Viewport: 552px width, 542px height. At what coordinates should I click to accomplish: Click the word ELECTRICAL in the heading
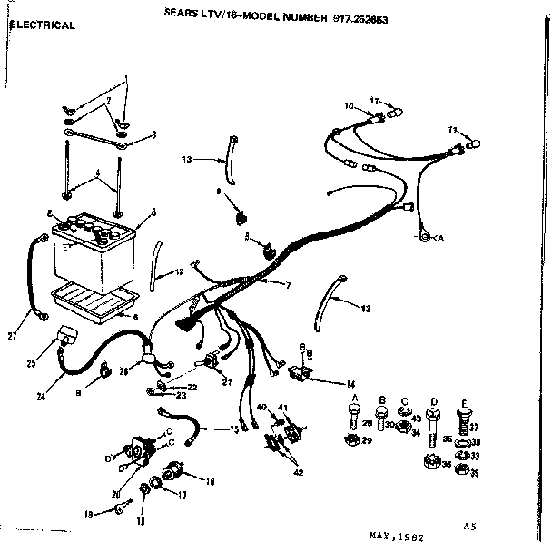[x=42, y=25]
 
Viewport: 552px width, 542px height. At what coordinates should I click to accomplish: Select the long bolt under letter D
[x=434, y=429]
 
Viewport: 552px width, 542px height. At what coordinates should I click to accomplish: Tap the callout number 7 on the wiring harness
[x=288, y=285]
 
